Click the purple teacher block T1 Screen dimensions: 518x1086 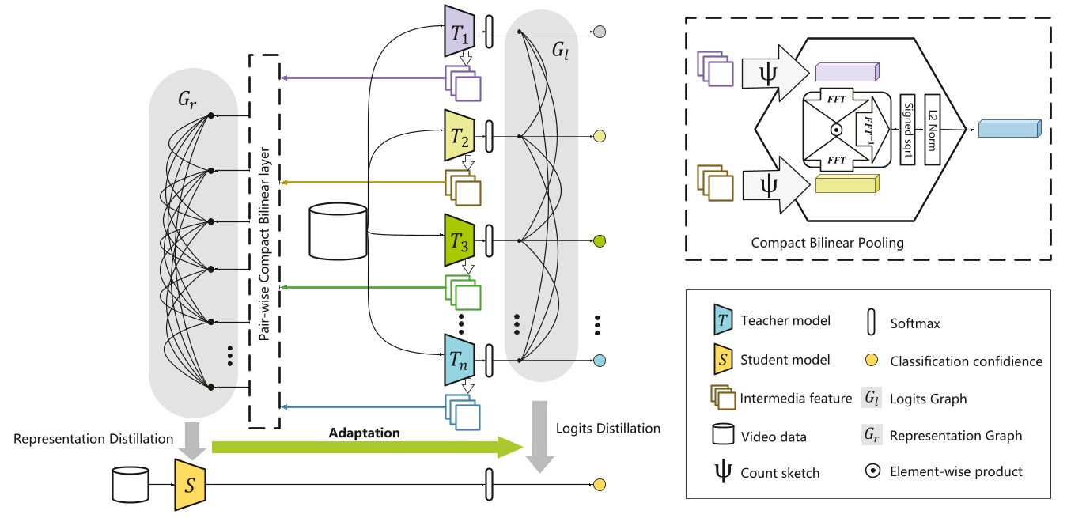click(x=459, y=31)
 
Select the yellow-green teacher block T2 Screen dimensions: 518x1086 click(x=459, y=135)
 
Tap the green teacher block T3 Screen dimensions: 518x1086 click(x=459, y=240)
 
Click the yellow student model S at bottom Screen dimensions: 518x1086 click(x=189, y=484)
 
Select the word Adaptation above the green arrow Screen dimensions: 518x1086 click(x=364, y=433)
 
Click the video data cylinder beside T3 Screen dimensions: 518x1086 click(x=339, y=232)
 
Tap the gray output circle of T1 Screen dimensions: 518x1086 click(x=600, y=32)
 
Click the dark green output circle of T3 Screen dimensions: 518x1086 click(x=600, y=240)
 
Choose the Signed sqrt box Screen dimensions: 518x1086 click(x=907, y=129)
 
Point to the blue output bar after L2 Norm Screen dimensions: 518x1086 click(x=1007, y=128)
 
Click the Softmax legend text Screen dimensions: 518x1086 click(x=913, y=323)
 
